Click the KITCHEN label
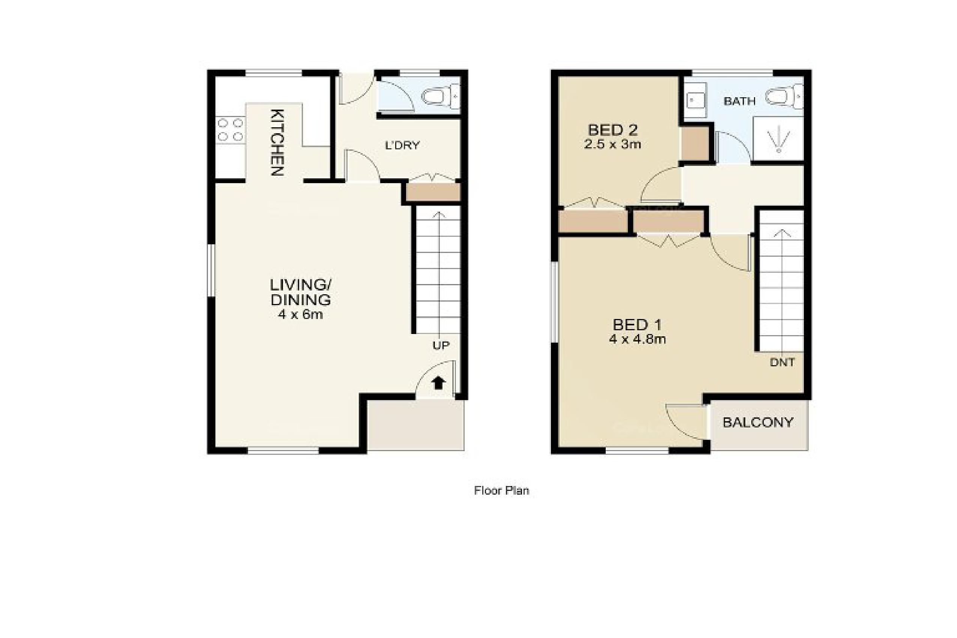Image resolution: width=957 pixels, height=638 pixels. click(277, 142)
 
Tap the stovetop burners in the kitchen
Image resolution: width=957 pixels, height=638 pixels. click(230, 129)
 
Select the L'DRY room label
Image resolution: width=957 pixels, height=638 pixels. click(402, 145)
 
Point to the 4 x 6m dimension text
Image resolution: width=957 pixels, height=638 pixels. click(300, 314)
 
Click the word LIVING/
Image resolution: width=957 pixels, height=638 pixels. click(301, 284)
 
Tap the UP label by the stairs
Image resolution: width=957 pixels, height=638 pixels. click(441, 345)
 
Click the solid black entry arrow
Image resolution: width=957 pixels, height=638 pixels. click(438, 383)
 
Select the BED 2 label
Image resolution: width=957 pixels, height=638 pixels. click(612, 130)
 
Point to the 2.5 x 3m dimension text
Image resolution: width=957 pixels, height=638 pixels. click(612, 144)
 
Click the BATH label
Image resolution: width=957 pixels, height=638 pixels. click(739, 101)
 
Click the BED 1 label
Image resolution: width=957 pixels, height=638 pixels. click(637, 325)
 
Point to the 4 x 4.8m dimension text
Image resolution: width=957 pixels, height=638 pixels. click(637, 339)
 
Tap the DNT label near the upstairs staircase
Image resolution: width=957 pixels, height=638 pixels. click(782, 362)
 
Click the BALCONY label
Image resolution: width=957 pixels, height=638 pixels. click(758, 423)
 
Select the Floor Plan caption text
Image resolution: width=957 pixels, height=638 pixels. click(501, 490)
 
